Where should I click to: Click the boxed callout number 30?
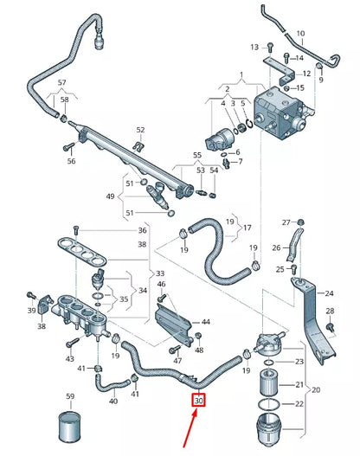click(x=199, y=401)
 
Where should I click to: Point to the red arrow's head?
click(x=197, y=414)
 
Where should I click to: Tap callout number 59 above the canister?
click(x=71, y=398)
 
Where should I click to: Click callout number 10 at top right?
click(x=300, y=34)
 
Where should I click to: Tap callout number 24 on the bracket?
click(x=329, y=292)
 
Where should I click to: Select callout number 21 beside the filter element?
click(x=300, y=384)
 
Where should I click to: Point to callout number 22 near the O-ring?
click(x=300, y=405)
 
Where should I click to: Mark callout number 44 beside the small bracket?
click(x=205, y=322)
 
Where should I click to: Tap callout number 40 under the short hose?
click(x=112, y=401)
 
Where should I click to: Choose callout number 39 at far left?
click(x=30, y=310)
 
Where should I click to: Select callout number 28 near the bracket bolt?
click(x=329, y=311)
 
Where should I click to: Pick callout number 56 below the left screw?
click(x=72, y=161)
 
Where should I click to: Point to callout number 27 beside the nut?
click(x=287, y=223)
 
